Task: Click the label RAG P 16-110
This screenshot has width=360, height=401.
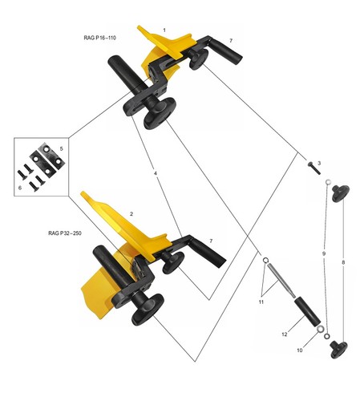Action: point(99,38)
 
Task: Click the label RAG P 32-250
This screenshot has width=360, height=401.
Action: point(65,233)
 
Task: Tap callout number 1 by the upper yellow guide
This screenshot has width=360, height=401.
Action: point(164,30)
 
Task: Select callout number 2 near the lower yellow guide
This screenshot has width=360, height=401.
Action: point(131,214)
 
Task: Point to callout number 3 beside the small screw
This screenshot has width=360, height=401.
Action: point(319,163)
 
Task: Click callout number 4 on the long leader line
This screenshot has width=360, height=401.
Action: point(156,173)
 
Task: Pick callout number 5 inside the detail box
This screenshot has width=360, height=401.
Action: point(61,148)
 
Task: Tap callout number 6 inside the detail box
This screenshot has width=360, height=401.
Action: point(20,188)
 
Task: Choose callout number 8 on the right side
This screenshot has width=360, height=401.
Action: point(343,262)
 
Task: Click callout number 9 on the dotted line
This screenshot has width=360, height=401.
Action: point(324,253)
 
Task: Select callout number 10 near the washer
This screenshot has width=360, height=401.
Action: point(300,350)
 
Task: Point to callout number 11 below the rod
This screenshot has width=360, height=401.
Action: point(261,302)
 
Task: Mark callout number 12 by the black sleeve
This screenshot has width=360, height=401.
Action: point(285,334)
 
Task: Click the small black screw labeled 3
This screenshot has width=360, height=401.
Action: point(313,168)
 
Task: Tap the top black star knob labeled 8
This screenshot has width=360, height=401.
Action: point(340,193)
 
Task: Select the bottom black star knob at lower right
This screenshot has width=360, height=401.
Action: point(339,350)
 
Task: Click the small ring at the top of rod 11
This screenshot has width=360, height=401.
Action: point(265,260)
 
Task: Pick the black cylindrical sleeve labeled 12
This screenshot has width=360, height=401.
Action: point(307,312)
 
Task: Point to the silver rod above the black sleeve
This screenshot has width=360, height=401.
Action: point(281,280)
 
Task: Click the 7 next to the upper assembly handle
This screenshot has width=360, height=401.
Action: point(231,41)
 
